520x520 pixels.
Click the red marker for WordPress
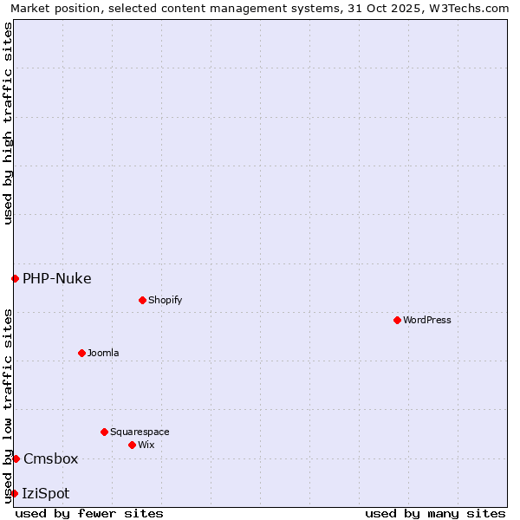(397, 320)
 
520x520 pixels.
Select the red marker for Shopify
(142, 300)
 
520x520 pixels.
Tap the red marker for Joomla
(81, 353)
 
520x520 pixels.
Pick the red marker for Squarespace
(104, 432)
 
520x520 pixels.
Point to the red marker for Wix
(132, 445)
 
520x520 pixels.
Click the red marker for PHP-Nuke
(15, 278)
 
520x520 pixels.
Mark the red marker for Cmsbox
(16, 458)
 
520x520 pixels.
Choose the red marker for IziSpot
(14, 493)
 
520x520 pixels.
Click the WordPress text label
(427, 320)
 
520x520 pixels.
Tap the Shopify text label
(166, 300)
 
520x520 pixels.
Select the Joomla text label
(103, 353)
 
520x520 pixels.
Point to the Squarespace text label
(140, 432)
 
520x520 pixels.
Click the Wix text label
(146, 445)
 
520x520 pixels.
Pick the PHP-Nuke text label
(57, 278)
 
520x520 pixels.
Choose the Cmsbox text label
(51, 458)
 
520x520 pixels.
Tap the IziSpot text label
(46, 493)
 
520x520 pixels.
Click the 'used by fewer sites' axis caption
(89, 513)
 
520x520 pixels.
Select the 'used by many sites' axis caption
(435, 513)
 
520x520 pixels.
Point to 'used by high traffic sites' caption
(8, 123)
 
